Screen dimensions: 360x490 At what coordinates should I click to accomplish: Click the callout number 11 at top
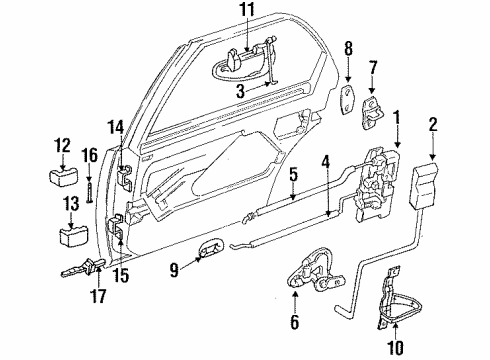coord(247,13)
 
